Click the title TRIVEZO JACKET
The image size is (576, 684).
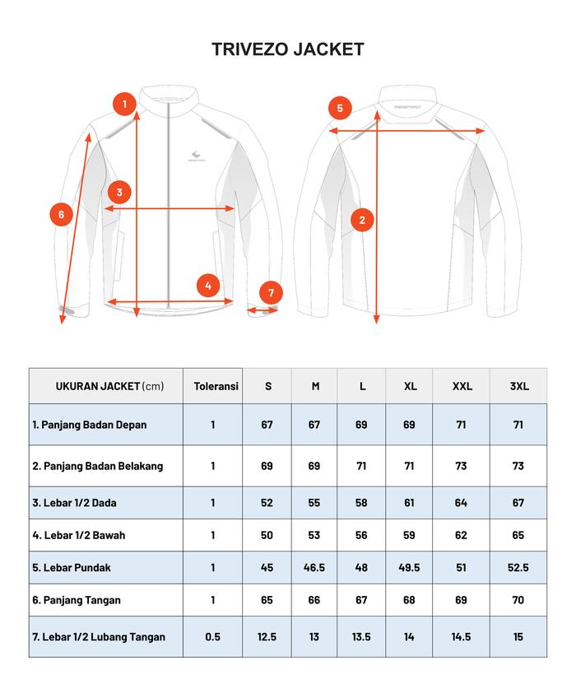(287, 49)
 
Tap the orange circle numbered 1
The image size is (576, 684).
(124, 104)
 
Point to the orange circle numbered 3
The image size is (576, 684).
(119, 193)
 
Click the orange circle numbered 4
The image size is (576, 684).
(208, 286)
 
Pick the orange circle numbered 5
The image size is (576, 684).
(340, 108)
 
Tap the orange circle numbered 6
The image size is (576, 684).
(60, 215)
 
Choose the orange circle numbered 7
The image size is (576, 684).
(271, 292)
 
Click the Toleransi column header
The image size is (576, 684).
(216, 386)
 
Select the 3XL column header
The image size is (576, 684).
(518, 386)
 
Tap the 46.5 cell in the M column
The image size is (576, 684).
(314, 567)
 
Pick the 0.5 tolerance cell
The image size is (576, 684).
(212, 636)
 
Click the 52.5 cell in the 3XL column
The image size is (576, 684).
(518, 567)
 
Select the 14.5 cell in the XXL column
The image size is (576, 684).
(461, 636)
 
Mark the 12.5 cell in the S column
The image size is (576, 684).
(267, 636)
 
